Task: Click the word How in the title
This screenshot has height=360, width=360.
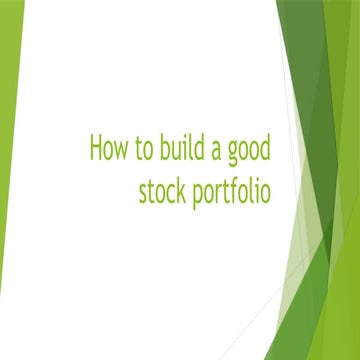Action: click(x=108, y=149)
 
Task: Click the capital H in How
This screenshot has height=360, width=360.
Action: click(x=96, y=149)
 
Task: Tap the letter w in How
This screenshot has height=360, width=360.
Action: click(x=121, y=151)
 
